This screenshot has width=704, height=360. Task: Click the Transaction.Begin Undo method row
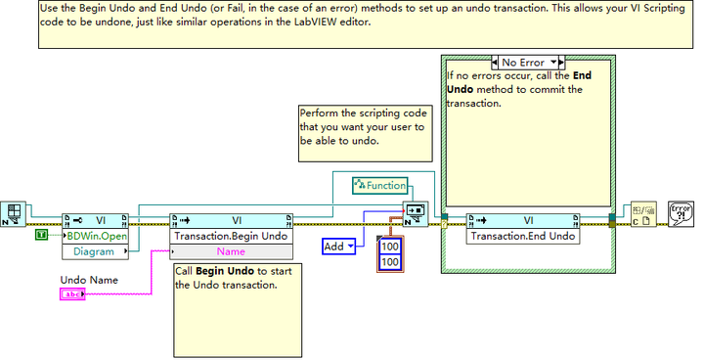tap(231, 236)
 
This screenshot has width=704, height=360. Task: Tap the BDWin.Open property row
tap(96, 236)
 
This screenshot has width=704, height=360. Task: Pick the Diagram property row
tap(93, 251)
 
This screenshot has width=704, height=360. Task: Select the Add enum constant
tap(338, 247)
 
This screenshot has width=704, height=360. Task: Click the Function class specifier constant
tap(382, 184)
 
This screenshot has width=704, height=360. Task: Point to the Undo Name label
tap(89, 279)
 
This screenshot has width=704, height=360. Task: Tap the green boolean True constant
tap(41, 236)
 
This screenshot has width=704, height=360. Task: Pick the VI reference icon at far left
tap(16, 213)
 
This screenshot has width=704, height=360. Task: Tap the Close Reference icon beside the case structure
tap(642, 213)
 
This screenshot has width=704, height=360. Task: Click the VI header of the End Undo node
tap(529, 220)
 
